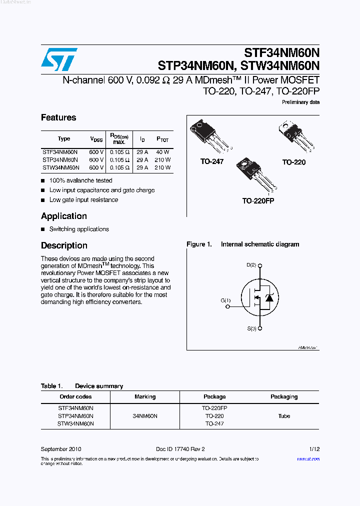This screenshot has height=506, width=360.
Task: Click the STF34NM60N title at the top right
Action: point(281,52)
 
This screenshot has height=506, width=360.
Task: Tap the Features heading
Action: point(58,117)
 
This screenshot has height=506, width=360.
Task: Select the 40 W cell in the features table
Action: point(162,152)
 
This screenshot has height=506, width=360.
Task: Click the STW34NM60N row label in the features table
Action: point(60,168)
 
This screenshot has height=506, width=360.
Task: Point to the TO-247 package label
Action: point(212,161)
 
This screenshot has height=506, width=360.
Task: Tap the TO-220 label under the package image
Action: point(293,162)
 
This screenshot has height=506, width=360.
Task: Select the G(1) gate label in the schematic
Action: point(225,300)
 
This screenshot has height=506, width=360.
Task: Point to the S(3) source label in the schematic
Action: point(251,328)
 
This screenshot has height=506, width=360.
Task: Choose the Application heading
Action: point(64,216)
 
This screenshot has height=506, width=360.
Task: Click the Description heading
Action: point(64,245)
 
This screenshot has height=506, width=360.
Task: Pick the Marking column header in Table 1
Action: point(145,396)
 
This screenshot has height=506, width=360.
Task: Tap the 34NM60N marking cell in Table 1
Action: point(145,416)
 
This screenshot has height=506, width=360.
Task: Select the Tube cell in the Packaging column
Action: point(284,416)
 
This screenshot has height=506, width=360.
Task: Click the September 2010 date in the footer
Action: point(61,449)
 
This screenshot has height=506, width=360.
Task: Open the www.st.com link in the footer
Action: point(308,459)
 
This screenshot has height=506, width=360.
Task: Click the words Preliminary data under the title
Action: point(300,102)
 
